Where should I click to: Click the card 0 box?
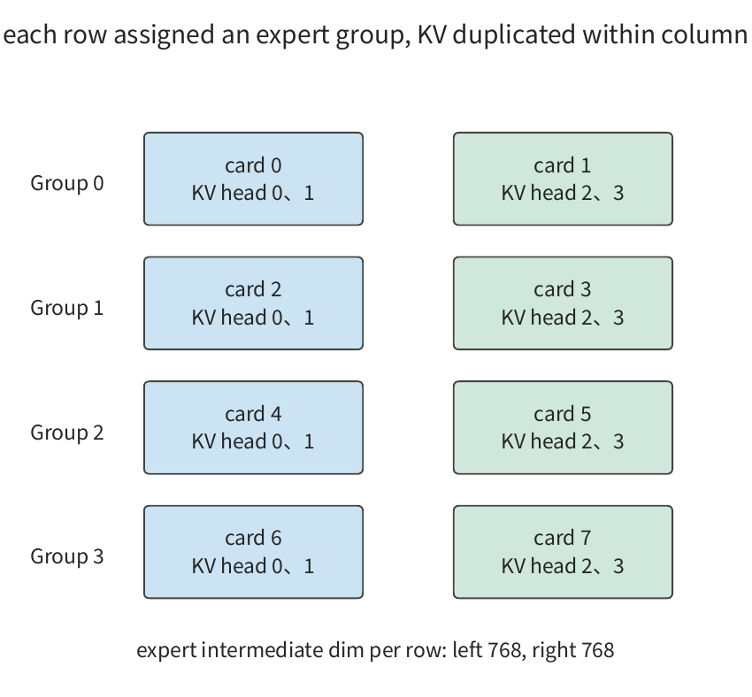253,179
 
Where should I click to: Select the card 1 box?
563,179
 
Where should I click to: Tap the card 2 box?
253,303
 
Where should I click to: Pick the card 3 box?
563,303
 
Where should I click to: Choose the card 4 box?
253,427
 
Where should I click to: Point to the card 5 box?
563,427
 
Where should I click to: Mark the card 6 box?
253,552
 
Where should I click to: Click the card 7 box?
563,552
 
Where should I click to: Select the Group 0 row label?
67,183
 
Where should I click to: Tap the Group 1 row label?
67,308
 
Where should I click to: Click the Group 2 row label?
67,433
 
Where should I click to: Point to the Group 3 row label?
67,556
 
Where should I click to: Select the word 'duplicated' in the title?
514,34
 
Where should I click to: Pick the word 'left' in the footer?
467,650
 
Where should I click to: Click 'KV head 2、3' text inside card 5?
563,441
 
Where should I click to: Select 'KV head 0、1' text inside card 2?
253,318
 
